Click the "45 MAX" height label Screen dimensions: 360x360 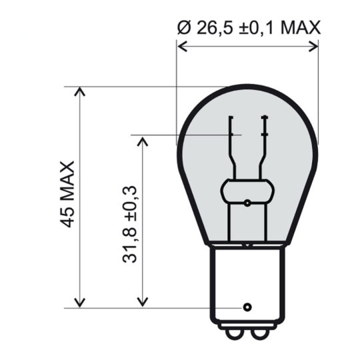[x=67, y=193]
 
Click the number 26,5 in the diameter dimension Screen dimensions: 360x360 [x=211, y=27]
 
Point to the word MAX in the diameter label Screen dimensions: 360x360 [x=299, y=27]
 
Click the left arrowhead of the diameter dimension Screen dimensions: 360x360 [x=181, y=47]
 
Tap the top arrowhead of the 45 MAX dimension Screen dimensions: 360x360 [x=81, y=91]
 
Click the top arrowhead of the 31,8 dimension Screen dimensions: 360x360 [x=141, y=141]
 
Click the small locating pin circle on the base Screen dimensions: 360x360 [x=247, y=307]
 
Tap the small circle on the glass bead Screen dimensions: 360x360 [x=247, y=203]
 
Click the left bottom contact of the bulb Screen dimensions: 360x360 [x=233, y=333]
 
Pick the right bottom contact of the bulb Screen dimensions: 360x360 [x=261, y=333]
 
